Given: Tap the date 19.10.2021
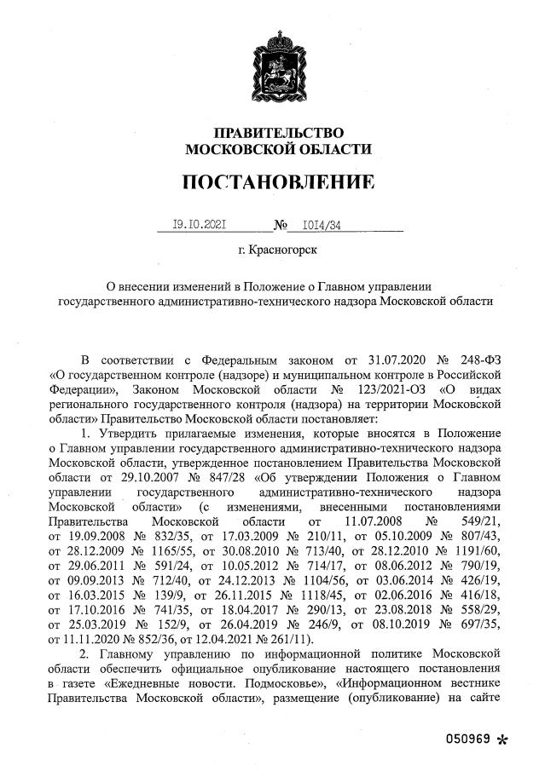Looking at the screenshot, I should (198, 225).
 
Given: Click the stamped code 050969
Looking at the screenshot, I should (468, 739).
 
